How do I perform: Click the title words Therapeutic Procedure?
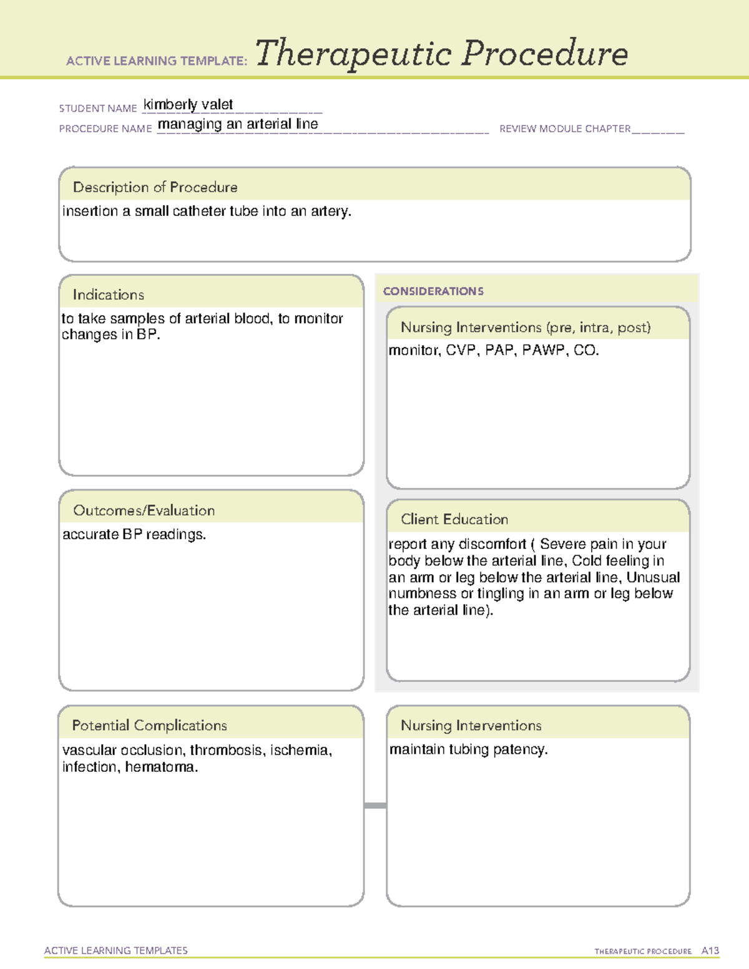click(x=441, y=54)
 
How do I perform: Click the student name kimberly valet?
click(x=188, y=105)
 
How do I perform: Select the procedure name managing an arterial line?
click(x=238, y=124)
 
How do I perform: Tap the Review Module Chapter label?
click(x=564, y=129)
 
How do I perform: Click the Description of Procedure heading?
click(x=155, y=187)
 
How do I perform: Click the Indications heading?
click(x=108, y=295)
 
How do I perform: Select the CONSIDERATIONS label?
click(x=433, y=291)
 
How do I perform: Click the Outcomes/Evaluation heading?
click(x=144, y=510)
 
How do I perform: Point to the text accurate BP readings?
click(x=134, y=535)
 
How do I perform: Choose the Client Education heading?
click(x=454, y=519)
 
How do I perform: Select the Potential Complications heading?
click(x=149, y=725)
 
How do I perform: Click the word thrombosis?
click(x=226, y=750)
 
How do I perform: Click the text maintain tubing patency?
click(x=468, y=749)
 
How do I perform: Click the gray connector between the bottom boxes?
click(x=375, y=806)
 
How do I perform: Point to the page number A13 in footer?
click(x=710, y=951)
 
